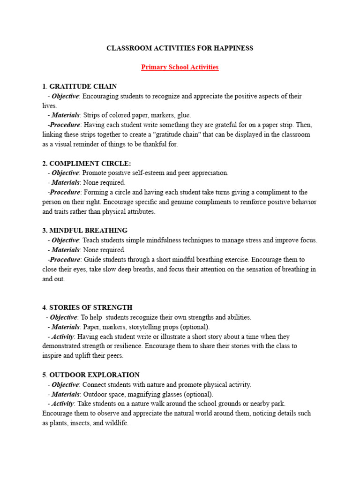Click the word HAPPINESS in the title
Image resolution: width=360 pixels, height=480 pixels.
click(231, 48)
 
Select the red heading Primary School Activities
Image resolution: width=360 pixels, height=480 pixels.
click(180, 67)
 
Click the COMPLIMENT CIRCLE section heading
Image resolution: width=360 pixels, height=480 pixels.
click(90, 163)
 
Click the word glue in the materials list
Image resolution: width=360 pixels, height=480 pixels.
click(183, 115)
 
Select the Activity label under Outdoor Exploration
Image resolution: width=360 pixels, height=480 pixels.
click(63, 404)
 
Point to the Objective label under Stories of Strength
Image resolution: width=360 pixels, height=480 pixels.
click(63, 317)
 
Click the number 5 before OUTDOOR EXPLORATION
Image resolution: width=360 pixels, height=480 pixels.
click(44, 375)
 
